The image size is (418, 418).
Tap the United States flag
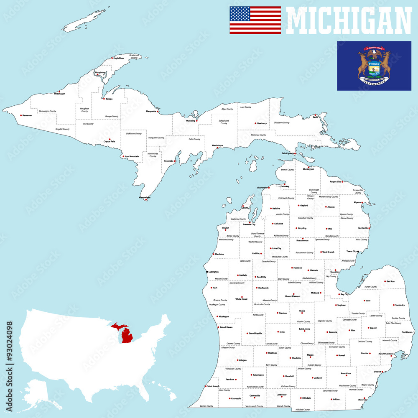(x=255, y=20)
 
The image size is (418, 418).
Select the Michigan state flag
(x=374, y=66)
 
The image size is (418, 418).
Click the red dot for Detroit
(x=382, y=372)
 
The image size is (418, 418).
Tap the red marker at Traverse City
(x=250, y=222)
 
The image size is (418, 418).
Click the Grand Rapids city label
(x=255, y=333)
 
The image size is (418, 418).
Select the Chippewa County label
(x=281, y=122)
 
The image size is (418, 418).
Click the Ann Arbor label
(x=346, y=373)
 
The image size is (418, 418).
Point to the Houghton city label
(x=100, y=72)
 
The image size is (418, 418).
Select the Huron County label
(x=370, y=287)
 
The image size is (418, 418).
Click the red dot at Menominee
(x=146, y=199)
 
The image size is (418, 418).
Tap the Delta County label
(x=194, y=139)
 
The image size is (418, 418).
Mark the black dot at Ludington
(x=207, y=272)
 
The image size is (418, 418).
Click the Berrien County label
(x=206, y=406)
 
